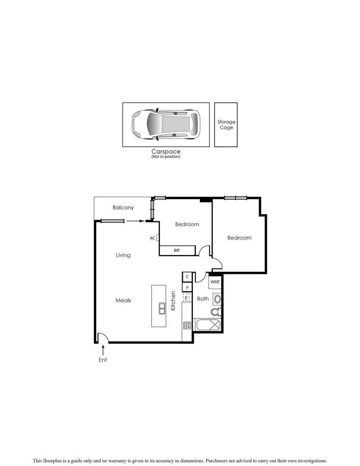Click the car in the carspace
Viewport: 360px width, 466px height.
(x=166, y=124)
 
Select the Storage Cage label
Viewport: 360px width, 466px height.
(x=226, y=125)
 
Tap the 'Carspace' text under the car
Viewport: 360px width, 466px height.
(x=166, y=151)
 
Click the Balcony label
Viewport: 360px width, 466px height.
(x=123, y=208)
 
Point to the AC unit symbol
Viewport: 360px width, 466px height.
(x=158, y=238)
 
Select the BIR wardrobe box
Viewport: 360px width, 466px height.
(x=177, y=250)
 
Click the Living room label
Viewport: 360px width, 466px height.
(x=123, y=255)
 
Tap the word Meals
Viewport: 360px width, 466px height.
(x=123, y=300)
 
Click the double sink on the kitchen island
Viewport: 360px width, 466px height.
(x=163, y=308)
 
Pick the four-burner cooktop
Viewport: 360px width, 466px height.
(x=187, y=326)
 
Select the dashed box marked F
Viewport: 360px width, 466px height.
(x=187, y=297)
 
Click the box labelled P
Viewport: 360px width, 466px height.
(x=187, y=287)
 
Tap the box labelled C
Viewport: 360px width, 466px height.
(x=187, y=277)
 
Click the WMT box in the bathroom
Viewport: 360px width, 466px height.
(x=215, y=282)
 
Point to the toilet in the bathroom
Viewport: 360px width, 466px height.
(x=215, y=312)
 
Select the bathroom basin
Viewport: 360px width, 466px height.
(x=218, y=299)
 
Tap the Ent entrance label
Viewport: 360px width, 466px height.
(x=103, y=360)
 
